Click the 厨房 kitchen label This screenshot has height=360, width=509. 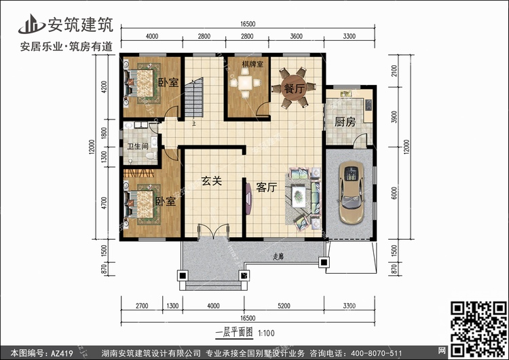tap(345, 122)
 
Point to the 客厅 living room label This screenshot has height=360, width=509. tap(267, 188)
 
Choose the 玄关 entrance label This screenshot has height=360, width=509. tap(212, 181)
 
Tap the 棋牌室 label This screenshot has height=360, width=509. tap(244, 66)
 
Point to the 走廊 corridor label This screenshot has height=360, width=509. tap(278, 257)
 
